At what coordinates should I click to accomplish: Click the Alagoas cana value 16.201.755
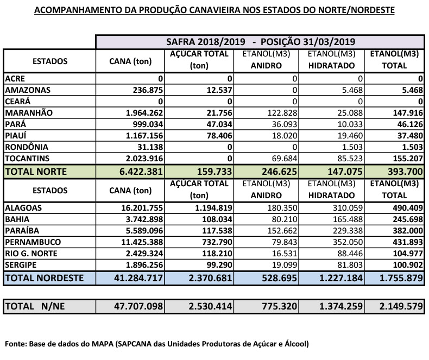click(x=140, y=207)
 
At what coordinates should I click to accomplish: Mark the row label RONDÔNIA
click(x=27, y=147)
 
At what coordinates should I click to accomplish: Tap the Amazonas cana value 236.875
click(x=143, y=90)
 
